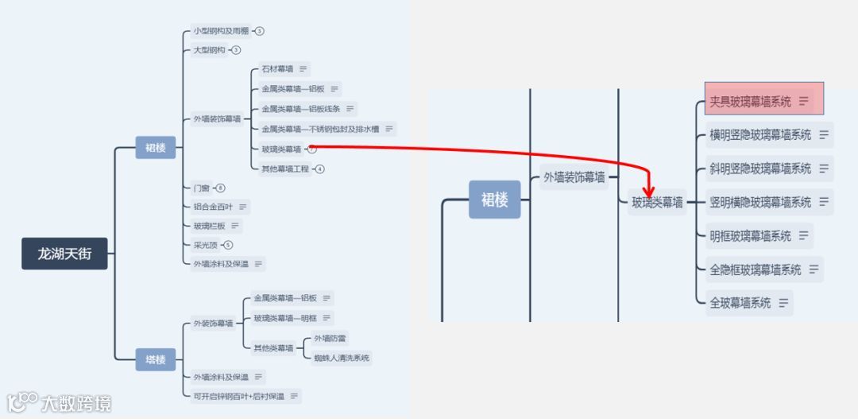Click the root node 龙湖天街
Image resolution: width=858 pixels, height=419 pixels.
pos(64,254)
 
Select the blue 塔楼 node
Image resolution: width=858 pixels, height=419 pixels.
pos(155,359)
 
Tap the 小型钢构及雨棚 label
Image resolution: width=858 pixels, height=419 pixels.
pos(221,31)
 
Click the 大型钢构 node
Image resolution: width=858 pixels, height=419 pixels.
pos(209,50)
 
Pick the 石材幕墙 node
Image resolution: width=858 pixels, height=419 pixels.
pos(277,69)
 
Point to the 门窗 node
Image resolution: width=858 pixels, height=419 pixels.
pos(202,188)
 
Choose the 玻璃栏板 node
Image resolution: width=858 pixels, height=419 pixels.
pos(209,226)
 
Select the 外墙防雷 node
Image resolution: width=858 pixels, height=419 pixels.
pos(330,338)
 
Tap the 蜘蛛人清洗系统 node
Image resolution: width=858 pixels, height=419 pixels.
pos(342,358)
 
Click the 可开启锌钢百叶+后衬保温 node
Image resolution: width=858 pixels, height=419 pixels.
pos(238,396)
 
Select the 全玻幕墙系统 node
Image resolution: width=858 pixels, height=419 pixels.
pos(740,303)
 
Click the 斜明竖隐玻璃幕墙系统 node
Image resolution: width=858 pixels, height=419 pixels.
pos(760,169)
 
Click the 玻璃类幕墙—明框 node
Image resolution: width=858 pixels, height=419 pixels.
pos(285,318)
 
